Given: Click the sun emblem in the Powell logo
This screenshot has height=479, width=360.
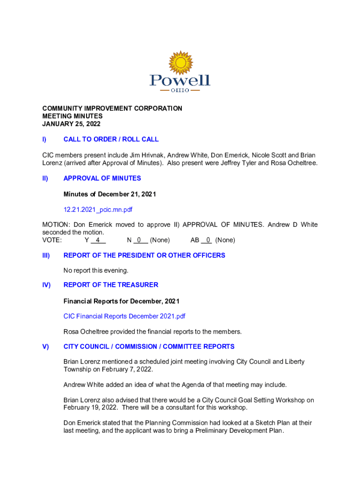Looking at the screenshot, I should (x=180, y=63).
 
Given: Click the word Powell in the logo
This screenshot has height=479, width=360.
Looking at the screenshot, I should (x=180, y=80).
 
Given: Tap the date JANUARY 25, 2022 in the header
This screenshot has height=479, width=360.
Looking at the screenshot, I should (x=71, y=124).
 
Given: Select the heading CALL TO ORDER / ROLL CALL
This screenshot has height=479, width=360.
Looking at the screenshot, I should (x=111, y=139).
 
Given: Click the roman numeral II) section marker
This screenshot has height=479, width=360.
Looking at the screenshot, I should (x=45, y=178).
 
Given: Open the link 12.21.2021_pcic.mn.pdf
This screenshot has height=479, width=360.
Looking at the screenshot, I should (x=101, y=210).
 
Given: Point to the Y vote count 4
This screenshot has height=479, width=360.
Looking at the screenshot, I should (x=98, y=240).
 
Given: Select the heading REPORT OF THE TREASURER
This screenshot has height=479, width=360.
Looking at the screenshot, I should (x=111, y=285).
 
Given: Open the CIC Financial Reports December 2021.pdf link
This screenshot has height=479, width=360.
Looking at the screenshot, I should (x=124, y=316).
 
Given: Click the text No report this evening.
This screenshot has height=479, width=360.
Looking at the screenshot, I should (x=96, y=270).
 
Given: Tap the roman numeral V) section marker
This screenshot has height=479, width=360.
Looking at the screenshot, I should (x=45, y=347).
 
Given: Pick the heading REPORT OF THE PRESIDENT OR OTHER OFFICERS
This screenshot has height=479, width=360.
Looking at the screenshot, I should (x=144, y=255).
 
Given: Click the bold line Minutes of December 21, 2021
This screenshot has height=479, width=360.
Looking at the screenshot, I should (x=109, y=194).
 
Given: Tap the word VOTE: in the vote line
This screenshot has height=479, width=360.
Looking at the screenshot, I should (x=52, y=240).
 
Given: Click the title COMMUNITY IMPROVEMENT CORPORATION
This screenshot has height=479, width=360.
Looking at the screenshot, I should (x=112, y=109).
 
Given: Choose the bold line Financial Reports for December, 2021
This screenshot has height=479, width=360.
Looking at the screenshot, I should (x=121, y=301).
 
